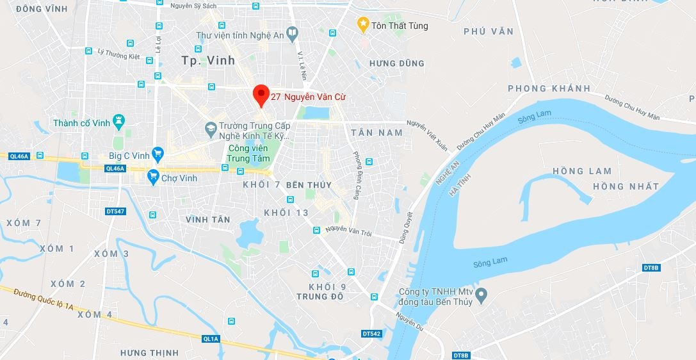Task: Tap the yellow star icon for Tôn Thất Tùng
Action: pos(363,25)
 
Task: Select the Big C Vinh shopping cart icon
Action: pos(158,154)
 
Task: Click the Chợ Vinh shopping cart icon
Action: pos(152,177)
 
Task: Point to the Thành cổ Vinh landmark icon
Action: pos(118,121)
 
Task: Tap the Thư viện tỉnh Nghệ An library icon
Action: pos(292,31)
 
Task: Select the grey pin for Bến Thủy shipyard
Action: pos(482,295)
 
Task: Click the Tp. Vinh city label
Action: pos(208,60)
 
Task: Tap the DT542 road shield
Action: pos(371,334)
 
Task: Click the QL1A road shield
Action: pos(211,339)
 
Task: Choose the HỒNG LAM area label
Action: pos(582,171)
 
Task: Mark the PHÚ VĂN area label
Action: pos(489,31)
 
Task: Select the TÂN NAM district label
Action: pos(377,133)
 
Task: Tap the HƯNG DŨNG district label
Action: pos(397,63)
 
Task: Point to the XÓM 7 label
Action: pos(24,223)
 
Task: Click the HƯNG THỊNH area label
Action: pos(149,353)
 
